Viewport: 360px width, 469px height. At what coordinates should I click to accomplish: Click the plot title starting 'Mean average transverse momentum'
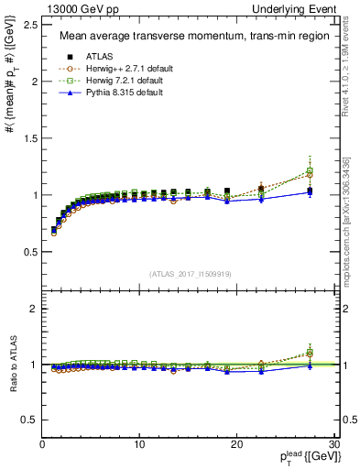(188, 38)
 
